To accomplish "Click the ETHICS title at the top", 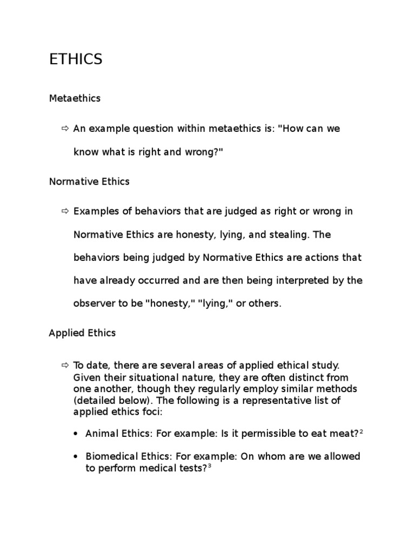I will coord(76,59).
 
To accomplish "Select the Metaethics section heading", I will coord(75,99).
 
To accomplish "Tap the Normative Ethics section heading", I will coord(89,181).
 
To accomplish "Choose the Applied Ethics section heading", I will coord(82,333).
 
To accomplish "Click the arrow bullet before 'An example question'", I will coord(65,129).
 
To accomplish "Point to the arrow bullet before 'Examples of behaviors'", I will coord(65,211).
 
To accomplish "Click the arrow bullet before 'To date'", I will coord(65,366).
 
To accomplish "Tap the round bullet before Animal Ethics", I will coord(76,434).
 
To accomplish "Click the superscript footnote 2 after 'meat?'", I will coord(360,431).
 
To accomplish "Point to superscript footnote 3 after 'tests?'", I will coord(209,466).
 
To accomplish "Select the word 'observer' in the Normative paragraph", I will coord(92,304).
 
